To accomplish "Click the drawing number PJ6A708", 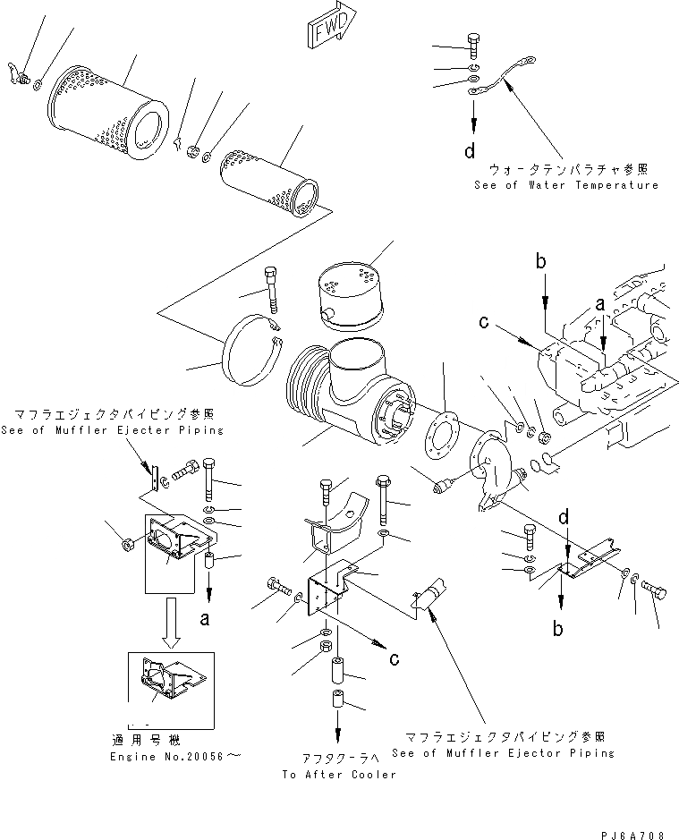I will [634, 834].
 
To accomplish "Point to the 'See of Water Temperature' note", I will [565, 185].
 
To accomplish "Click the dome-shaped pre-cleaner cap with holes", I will [348, 289].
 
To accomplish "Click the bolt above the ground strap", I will [473, 44].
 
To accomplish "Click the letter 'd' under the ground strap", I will [469, 150].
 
